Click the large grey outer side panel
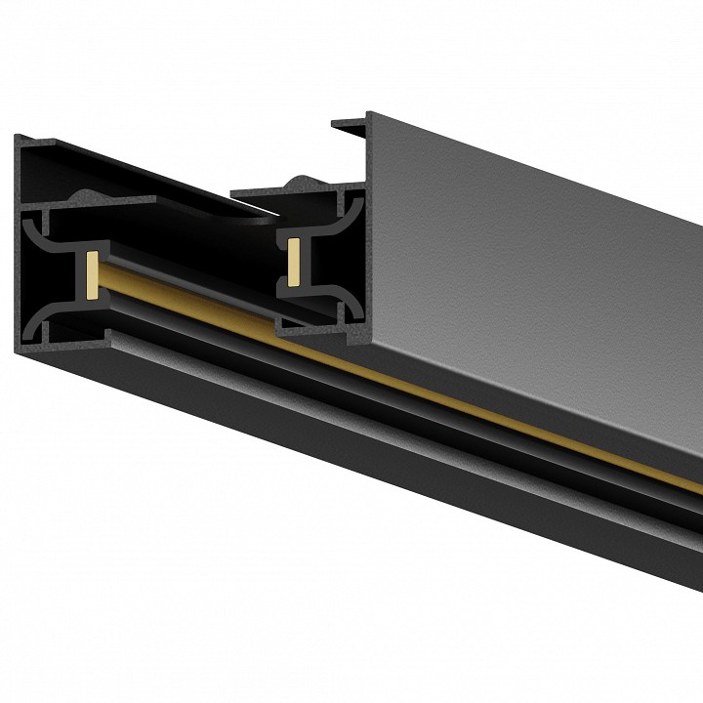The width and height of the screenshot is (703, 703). coord(547,244)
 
